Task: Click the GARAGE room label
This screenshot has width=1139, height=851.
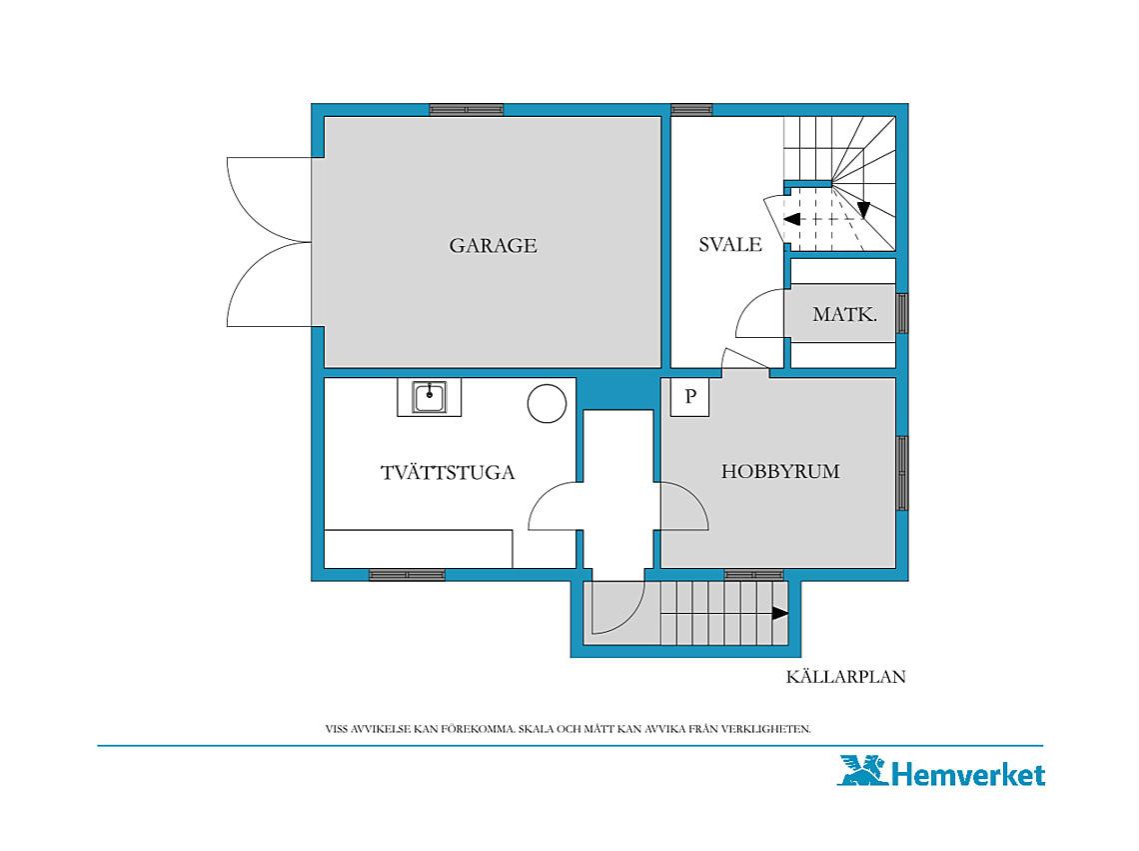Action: (493, 245)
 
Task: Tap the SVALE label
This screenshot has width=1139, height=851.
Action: (730, 244)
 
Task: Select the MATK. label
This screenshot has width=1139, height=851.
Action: (845, 314)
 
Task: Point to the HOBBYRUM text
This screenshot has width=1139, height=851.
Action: (780, 471)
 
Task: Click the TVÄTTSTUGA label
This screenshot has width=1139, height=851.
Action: (448, 472)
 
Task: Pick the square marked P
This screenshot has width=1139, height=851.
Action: (689, 397)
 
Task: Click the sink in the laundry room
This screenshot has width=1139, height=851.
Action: (430, 397)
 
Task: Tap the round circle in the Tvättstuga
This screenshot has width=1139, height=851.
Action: (547, 403)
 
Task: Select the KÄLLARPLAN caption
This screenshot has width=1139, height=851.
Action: (845, 676)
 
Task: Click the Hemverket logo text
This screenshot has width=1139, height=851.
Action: (968, 774)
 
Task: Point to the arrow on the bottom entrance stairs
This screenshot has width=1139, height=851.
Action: (780, 613)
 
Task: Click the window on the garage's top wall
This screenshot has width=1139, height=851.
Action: (467, 110)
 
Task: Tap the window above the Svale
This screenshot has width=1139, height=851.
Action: (691, 110)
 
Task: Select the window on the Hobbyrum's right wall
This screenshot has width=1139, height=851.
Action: (902, 473)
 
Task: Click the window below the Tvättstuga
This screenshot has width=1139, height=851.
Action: (407, 575)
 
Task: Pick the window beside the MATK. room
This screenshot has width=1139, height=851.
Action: (902, 313)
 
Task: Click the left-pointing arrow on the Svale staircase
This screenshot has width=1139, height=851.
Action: (791, 219)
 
